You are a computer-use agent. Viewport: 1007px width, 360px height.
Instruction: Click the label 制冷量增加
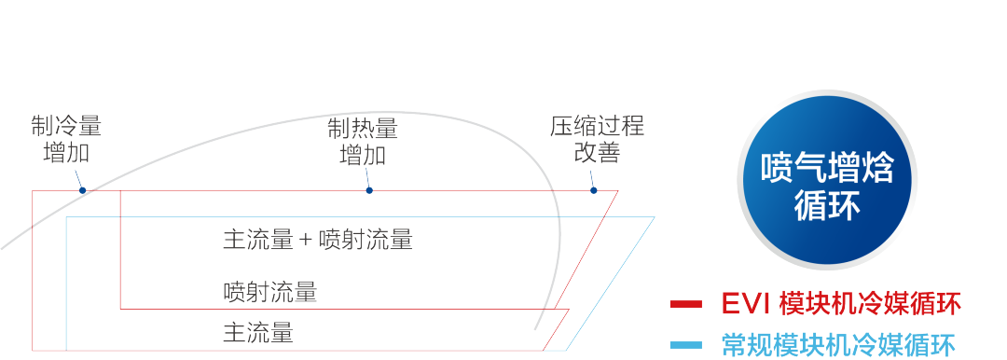click(x=66, y=140)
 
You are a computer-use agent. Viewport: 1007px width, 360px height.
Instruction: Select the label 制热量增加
click(x=363, y=140)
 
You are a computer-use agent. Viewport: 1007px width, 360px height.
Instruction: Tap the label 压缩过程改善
click(x=597, y=140)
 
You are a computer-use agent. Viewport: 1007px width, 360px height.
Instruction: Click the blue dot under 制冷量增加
click(x=83, y=190)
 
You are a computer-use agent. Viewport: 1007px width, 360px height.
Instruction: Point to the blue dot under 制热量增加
click(x=369, y=190)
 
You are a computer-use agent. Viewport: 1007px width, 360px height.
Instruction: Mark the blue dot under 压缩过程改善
click(x=593, y=190)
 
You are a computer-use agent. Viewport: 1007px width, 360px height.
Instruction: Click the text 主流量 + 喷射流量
click(x=317, y=240)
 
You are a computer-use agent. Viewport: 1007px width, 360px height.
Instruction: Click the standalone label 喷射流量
click(x=270, y=292)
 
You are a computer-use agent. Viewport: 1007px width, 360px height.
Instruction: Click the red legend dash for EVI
click(x=686, y=304)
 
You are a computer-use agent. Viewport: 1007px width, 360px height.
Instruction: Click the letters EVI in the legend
click(x=745, y=304)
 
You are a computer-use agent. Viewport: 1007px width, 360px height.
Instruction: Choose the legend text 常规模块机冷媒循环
click(x=838, y=346)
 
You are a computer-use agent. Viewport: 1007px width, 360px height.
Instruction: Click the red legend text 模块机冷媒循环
click(x=869, y=304)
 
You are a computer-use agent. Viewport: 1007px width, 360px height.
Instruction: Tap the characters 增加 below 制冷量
click(x=66, y=153)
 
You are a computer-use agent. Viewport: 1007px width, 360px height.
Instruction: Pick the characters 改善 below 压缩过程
click(x=597, y=153)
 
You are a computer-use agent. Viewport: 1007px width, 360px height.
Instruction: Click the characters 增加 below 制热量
click(x=363, y=153)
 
